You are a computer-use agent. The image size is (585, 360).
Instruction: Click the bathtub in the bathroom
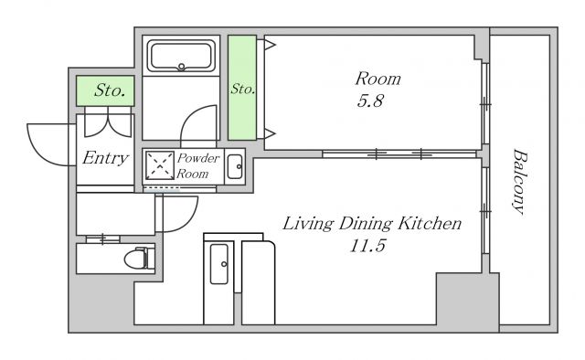point(181,56)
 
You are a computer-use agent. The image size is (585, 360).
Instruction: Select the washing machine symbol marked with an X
point(160,165)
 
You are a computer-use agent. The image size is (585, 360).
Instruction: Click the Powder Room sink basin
point(235,167)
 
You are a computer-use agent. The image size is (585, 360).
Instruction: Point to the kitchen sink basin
point(218,264)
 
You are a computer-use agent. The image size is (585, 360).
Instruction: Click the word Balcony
point(519,182)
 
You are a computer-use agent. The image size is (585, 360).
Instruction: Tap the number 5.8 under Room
point(370,101)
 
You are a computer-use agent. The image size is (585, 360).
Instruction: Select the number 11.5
point(367,246)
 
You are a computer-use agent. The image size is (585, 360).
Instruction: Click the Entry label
point(106,158)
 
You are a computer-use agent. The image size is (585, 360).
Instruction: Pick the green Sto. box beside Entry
point(105,90)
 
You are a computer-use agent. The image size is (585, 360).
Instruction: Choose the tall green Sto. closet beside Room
point(242,88)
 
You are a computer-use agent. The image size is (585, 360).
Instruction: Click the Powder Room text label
point(197,165)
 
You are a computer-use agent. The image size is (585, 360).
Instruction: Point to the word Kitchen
point(430,224)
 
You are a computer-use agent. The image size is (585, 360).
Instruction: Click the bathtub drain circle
point(181,67)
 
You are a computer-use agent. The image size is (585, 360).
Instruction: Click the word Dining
point(366,224)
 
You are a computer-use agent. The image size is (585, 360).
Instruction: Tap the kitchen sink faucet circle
point(224,264)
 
